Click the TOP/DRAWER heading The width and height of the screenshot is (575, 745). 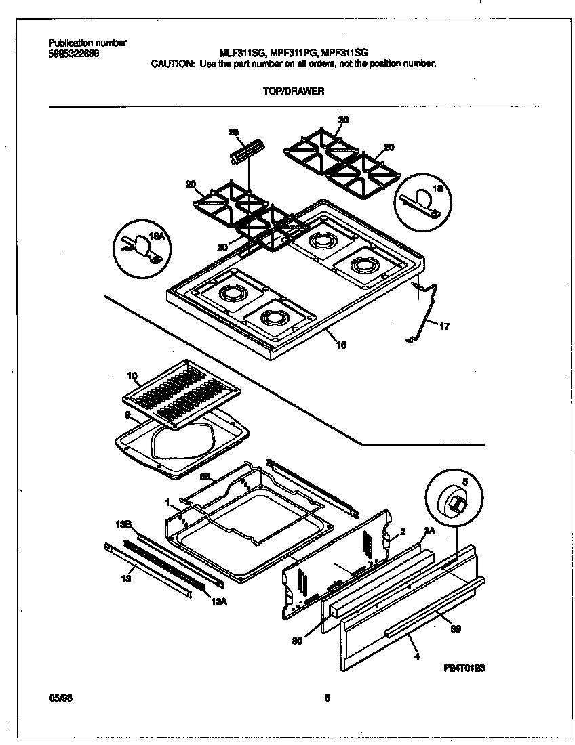pos(294,91)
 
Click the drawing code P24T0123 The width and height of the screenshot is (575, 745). pos(465,668)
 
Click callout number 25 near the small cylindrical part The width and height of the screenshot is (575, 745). pos(233,133)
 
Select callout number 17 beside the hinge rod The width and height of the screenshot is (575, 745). pos(444,328)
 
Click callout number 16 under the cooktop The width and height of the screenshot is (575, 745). pos(341,345)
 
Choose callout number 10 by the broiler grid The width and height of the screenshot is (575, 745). pos(132,375)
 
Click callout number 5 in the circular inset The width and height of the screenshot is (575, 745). pos(464,482)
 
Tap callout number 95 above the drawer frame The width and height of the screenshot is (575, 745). pos(203,477)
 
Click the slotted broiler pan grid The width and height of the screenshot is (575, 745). pos(181,396)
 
